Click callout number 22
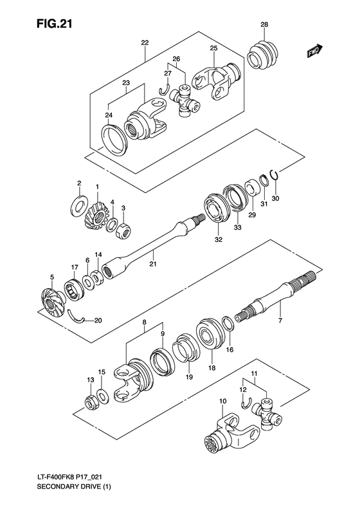[145, 42]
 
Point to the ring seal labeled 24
[115, 137]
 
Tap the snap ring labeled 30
[274, 173]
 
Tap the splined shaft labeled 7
[270, 303]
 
